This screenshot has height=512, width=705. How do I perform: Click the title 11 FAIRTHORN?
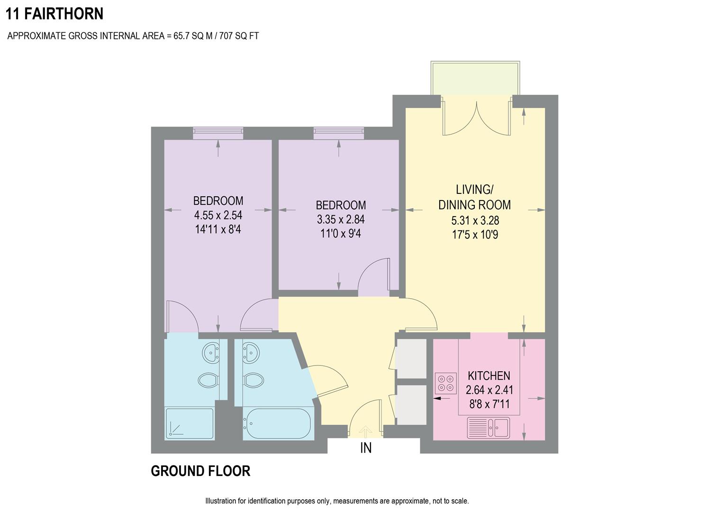(x=54, y=14)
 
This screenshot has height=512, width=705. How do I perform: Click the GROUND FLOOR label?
(x=200, y=471)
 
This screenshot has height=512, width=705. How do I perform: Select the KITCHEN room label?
(x=488, y=376)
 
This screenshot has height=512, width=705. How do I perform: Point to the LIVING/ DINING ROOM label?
(x=474, y=197)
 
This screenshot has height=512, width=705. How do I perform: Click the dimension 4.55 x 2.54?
(x=218, y=215)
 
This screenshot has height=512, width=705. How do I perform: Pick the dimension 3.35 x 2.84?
(x=341, y=219)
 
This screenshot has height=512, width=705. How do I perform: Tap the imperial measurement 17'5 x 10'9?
(x=475, y=235)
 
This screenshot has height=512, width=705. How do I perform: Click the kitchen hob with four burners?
(x=445, y=384)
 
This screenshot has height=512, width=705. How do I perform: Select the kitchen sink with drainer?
(x=488, y=428)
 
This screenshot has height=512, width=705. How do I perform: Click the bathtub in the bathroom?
(x=277, y=423)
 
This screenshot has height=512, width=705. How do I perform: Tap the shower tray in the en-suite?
(x=189, y=423)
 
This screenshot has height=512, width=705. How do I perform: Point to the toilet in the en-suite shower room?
(x=208, y=380)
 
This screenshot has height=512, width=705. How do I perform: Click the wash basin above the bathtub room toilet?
(x=251, y=352)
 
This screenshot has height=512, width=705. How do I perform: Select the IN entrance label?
(x=366, y=448)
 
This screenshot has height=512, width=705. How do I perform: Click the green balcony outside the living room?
(x=475, y=78)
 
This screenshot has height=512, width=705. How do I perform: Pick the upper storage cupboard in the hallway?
(x=411, y=358)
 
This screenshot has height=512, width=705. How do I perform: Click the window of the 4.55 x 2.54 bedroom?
(x=218, y=133)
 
